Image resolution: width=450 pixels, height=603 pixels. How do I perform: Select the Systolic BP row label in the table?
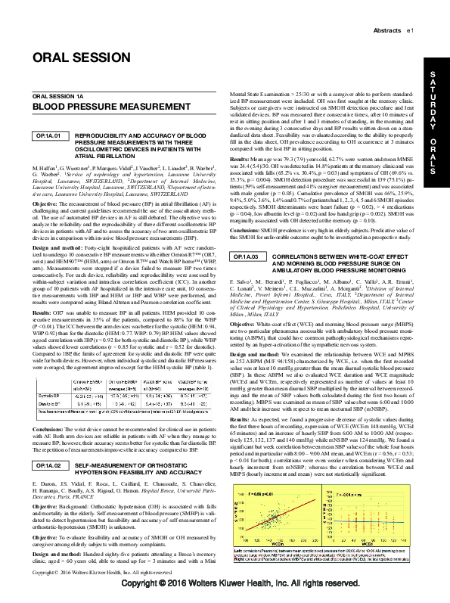click(47, 395)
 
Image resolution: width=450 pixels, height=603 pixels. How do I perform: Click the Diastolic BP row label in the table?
click(48, 403)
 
